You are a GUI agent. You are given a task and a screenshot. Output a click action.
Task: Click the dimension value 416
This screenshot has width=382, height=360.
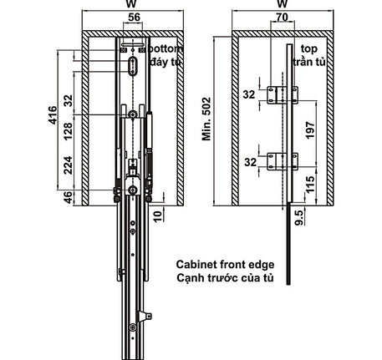[53, 114]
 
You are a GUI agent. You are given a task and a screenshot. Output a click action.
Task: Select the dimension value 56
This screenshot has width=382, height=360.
[134, 18]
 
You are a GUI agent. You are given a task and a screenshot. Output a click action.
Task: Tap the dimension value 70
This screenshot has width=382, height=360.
[282, 18]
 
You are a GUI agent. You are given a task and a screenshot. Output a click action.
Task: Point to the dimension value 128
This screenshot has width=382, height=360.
[69, 131]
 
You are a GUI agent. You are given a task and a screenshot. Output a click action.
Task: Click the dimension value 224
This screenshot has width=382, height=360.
[69, 165]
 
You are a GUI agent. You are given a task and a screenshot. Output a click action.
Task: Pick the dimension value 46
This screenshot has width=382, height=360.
[69, 197]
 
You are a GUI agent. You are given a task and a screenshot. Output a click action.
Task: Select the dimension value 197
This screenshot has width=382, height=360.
[310, 130]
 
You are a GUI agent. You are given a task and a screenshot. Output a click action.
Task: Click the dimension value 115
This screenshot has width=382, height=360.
[310, 184]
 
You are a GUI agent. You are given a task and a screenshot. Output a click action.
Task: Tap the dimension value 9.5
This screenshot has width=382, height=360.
[298, 218]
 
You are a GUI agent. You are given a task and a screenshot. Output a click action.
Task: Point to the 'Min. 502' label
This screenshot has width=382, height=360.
[206, 119]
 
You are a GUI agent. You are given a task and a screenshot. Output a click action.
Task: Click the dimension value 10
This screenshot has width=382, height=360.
[157, 216]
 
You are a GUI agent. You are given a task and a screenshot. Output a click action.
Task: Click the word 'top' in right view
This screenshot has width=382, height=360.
[309, 49]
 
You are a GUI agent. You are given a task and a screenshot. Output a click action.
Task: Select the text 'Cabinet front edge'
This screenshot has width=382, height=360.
[225, 265]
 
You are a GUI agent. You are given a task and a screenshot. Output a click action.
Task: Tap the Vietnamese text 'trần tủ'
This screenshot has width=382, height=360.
[309, 62]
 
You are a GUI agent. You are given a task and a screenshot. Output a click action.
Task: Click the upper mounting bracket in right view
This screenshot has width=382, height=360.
[283, 95]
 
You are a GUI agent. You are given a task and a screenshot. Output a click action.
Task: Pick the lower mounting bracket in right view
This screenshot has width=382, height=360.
[283, 161]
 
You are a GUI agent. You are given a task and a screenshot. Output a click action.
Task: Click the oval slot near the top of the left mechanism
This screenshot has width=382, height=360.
[133, 66]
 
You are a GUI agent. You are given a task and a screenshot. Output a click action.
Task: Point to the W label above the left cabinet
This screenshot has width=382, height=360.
[131, 3]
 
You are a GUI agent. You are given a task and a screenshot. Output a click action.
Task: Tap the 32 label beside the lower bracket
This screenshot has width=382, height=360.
[250, 162]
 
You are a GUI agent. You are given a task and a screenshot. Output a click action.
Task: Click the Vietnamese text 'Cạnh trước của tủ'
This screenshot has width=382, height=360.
[225, 278]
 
